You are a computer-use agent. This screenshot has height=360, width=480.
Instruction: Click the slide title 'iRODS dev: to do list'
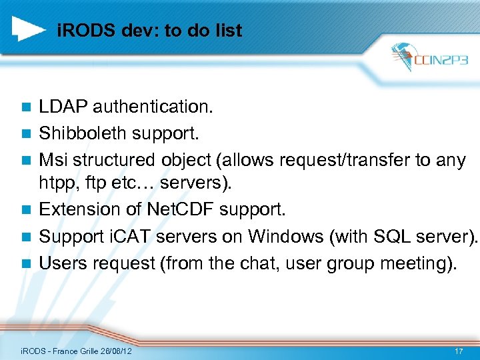pos(149,30)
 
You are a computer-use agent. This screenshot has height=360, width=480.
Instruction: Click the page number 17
pos(458,350)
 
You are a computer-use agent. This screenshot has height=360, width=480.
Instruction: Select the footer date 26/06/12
pos(113,351)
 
